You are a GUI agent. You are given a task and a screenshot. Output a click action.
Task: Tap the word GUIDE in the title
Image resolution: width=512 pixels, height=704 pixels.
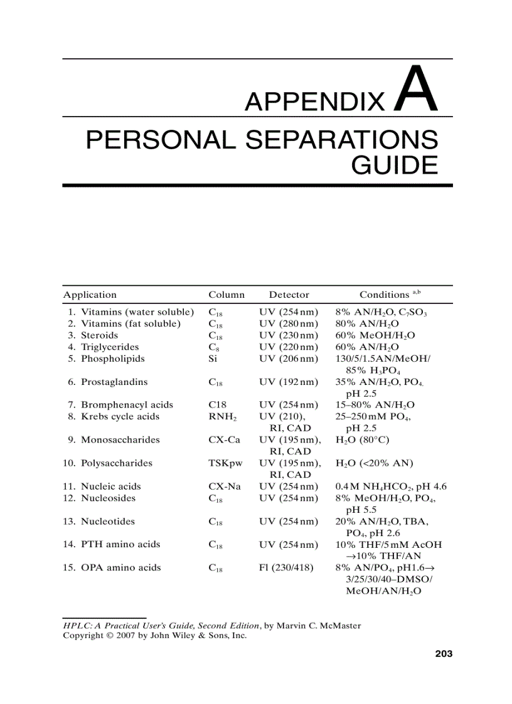click(394, 165)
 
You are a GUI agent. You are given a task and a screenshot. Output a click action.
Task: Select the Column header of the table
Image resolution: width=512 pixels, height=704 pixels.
click(227, 295)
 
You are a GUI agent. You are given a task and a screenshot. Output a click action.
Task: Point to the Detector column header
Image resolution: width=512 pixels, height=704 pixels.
click(289, 295)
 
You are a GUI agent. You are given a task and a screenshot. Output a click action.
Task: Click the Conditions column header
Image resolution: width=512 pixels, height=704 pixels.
click(384, 295)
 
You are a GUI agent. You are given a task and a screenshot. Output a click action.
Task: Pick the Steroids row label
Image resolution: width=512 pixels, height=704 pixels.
click(99, 335)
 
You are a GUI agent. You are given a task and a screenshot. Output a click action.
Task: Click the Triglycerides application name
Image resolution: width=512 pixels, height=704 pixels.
click(110, 347)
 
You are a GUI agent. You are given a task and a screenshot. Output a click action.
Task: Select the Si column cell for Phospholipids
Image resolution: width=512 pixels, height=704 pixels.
click(212, 359)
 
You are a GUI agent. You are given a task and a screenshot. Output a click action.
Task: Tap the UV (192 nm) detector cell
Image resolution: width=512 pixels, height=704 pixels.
click(289, 382)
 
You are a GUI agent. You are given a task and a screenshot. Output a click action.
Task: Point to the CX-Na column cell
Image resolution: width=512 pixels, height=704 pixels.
click(225, 486)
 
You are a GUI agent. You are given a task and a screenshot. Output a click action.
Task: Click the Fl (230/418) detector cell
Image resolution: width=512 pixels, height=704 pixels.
click(286, 567)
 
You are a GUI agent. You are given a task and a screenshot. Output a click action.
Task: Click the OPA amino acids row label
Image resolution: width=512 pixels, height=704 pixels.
click(120, 567)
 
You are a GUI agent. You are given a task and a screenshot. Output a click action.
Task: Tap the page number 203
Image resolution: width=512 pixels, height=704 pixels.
click(444, 654)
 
